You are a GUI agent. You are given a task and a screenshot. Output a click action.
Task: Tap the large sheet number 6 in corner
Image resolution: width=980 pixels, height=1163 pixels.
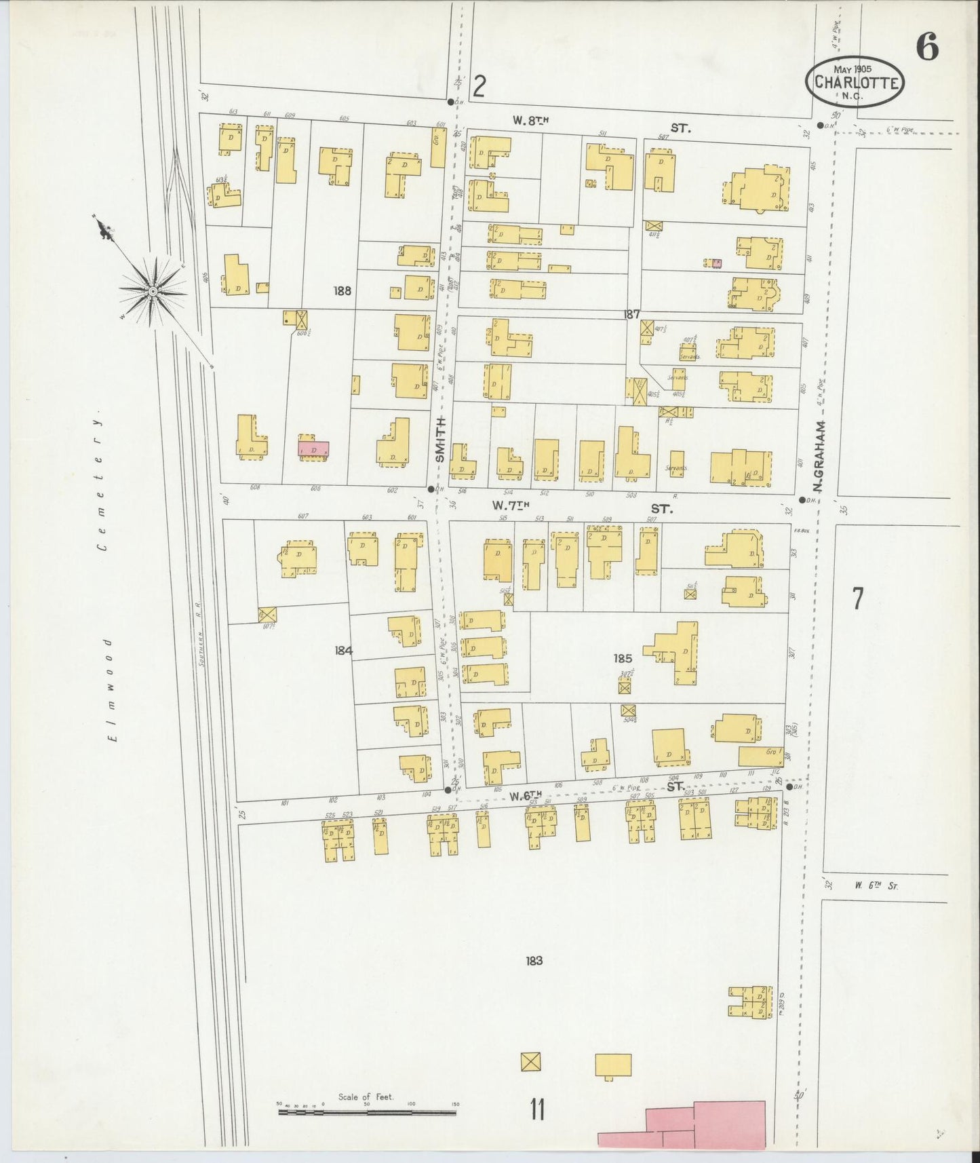[x=926, y=47]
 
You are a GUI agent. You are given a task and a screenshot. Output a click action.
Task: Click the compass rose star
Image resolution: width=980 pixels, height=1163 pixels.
[x=153, y=291]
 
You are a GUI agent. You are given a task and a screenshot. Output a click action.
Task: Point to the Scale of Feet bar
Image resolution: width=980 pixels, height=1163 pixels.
[x=367, y=1112]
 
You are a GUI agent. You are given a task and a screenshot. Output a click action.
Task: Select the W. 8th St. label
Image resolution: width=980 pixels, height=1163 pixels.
[x=530, y=121]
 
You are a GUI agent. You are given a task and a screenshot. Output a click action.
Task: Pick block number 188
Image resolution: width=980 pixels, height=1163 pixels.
[x=342, y=290]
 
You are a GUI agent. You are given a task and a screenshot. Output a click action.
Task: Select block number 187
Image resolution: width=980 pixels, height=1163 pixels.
[x=632, y=314]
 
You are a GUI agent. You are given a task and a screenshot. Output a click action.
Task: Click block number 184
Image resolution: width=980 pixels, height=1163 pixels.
[x=343, y=650]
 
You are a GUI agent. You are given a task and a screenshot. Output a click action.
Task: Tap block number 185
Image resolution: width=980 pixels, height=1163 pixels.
[x=623, y=657]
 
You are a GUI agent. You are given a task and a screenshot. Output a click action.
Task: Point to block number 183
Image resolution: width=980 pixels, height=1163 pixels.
[x=534, y=960]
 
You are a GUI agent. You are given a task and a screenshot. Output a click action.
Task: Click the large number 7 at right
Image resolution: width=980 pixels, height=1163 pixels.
[x=857, y=598]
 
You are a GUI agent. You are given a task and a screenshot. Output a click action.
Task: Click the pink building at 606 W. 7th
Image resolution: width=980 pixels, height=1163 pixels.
[x=313, y=449]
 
